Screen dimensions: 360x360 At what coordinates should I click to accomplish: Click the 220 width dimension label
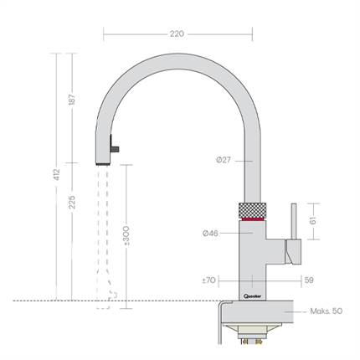[176, 35]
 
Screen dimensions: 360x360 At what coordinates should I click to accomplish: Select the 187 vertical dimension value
[71, 99]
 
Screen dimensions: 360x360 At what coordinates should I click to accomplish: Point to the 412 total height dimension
[52, 177]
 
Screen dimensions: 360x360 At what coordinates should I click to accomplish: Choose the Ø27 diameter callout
[222, 159]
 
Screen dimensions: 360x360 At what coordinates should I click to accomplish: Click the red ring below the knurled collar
[253, 219]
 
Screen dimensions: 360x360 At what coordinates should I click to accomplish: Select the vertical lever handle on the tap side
[294, 222]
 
